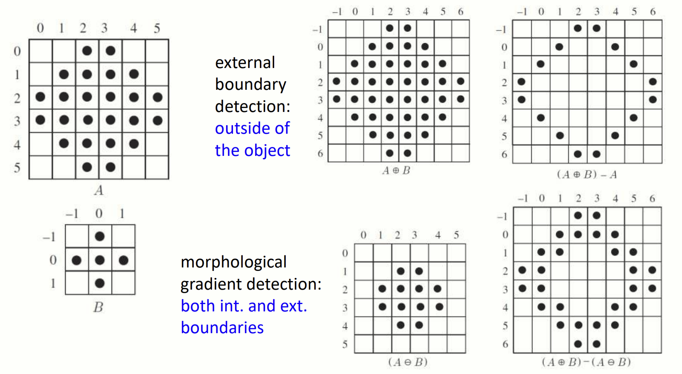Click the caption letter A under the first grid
(x=99, y=190)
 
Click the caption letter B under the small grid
(x=98, y=307)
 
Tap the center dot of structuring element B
(x=100, y=260)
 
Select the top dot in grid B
(x=100, y=236)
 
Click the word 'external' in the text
(x=245, y=63)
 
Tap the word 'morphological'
(x=233, y=262)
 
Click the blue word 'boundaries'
(x=222, y=328)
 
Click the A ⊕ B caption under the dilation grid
(x=396, y=171)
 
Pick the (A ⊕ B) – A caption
(x=586, y=175)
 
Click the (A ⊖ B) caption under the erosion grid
(x=408, y=362)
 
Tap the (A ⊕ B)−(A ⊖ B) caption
(x=586, y=362)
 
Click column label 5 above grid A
(x=157, y=28)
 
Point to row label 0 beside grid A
(x=17, y=51)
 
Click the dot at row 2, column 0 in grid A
(x=40, y=97)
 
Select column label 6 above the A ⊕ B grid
(x=461, y=12)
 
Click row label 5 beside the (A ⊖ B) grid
(x=345, y=344)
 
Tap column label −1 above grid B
(x=72, y=213)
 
